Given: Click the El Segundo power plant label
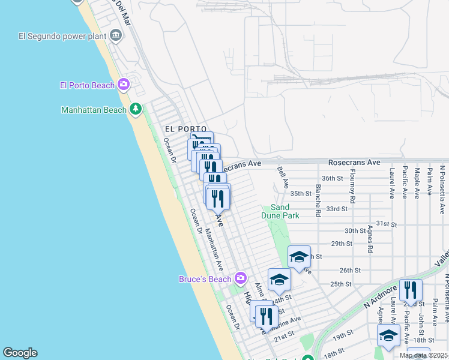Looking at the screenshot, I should click(x=62, y=36).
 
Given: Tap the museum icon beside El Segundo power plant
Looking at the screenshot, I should click(x=116, y=36).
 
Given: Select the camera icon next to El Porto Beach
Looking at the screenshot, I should click(x=124, y=85).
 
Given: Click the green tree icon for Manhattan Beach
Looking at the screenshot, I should click(x=136, y=109).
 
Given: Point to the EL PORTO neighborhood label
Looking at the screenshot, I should click(x=185, y=129).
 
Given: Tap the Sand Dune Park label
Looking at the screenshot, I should click(x=280, y=211).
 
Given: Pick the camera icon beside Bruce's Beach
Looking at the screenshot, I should click(x=241, y=278).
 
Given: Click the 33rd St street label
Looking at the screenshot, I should click(x=337, y=209).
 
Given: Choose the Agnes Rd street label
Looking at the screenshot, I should click(x=370, y=238).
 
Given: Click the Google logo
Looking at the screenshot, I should click(x=20, y=353).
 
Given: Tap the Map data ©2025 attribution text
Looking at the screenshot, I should click(x=423, y=355).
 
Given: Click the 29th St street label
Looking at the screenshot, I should click(x=341, y=244).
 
